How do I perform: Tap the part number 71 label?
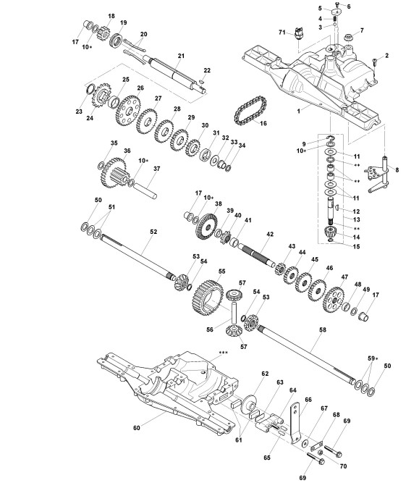click(282, 33)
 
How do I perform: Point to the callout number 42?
click(270, 235)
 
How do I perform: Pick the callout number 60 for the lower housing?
click(136, 428)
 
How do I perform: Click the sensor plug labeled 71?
click(298, 33)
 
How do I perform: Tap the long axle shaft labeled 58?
click(306, 355)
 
